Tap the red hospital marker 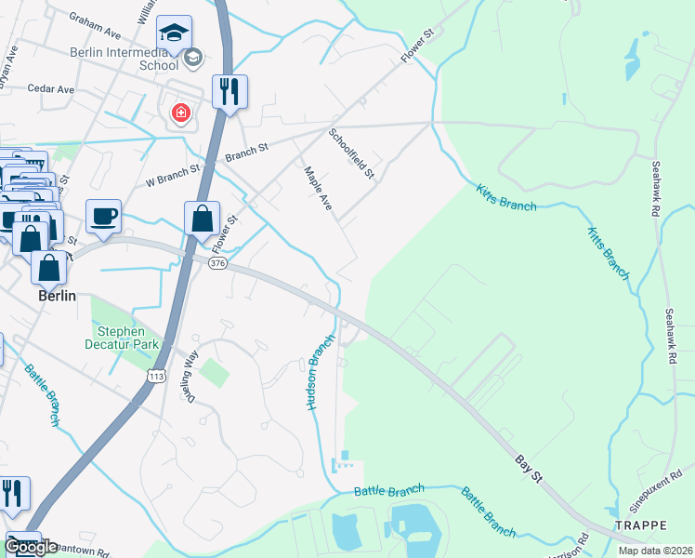pyautogui.click(x=180, y=114)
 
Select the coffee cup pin pyautogui.click(x=103, y=217)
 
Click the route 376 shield pyautogui.click(x=217, y=264)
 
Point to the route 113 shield pyautogui.click(x=155, y=375)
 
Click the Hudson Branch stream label pyautogui.click(x=319, y=373)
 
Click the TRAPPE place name pyautogui.click(x=640, y=525)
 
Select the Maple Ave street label pyautogui.click(x=318, y=187)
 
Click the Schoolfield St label pyautogui.click(x=352, y=153)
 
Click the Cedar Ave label pyautogui.click(x=50, y=89)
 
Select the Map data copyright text pyautogui.click(x=654, y=551)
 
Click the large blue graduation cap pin pyautogui.click(x=174, y=33)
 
